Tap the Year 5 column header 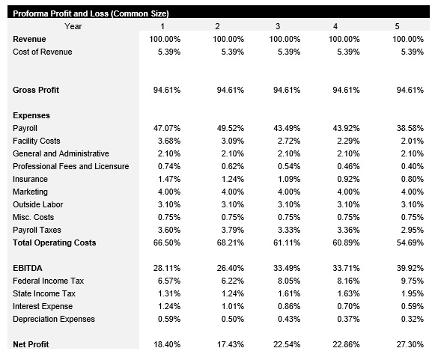tap(398, 27)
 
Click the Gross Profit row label tap(36, 91)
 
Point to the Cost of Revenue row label tap(43, 52)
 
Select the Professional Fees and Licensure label tap(71, 166)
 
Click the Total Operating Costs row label tap(55, 242)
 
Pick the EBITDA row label tap(29, 268)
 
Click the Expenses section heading tap(31, 116)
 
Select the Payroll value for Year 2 tap(228, 129)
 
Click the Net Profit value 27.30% tap(408, 344)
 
